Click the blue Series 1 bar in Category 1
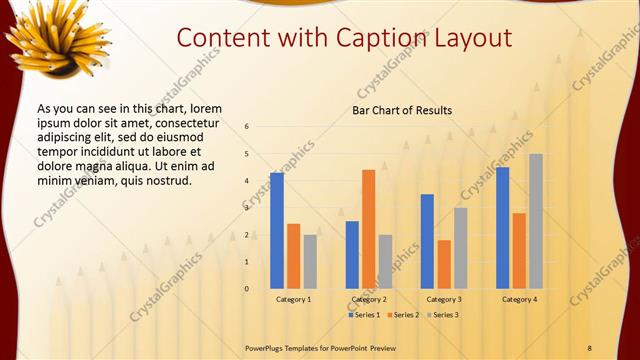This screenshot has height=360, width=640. [277, 230]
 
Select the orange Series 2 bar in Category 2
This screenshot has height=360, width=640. [369, 229]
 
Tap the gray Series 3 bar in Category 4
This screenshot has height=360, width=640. [536, 221]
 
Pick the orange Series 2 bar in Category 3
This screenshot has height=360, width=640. [444, 264]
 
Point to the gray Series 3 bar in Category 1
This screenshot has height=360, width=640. [310, 261]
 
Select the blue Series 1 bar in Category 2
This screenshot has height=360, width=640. [352, 255]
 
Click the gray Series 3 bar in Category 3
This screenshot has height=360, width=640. [461, 248]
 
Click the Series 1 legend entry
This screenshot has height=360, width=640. [364, 315]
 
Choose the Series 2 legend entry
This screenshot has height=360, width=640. [402, 315]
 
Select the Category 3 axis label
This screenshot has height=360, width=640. [444, 299]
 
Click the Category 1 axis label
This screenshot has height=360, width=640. [294, 299]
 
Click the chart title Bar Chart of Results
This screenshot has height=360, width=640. [402, 110]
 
